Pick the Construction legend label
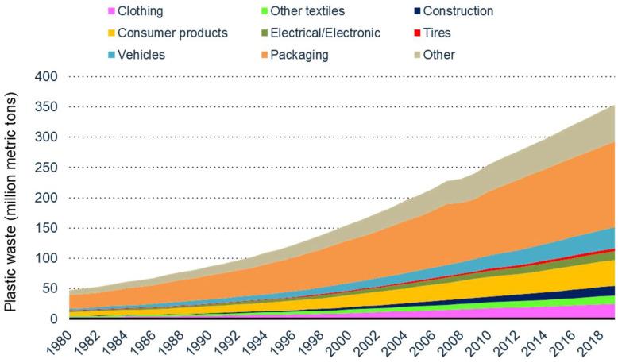(458, 11)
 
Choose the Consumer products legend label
(172, 33)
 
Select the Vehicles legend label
(143, 55)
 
